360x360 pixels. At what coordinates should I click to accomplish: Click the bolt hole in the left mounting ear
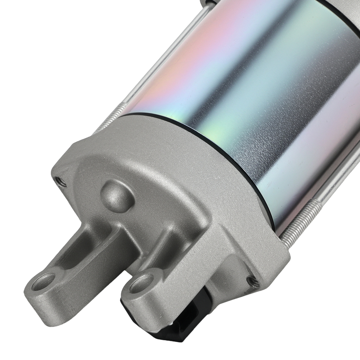[x=43, y=280]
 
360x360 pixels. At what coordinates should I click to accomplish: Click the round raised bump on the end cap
[x=116, y=194]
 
